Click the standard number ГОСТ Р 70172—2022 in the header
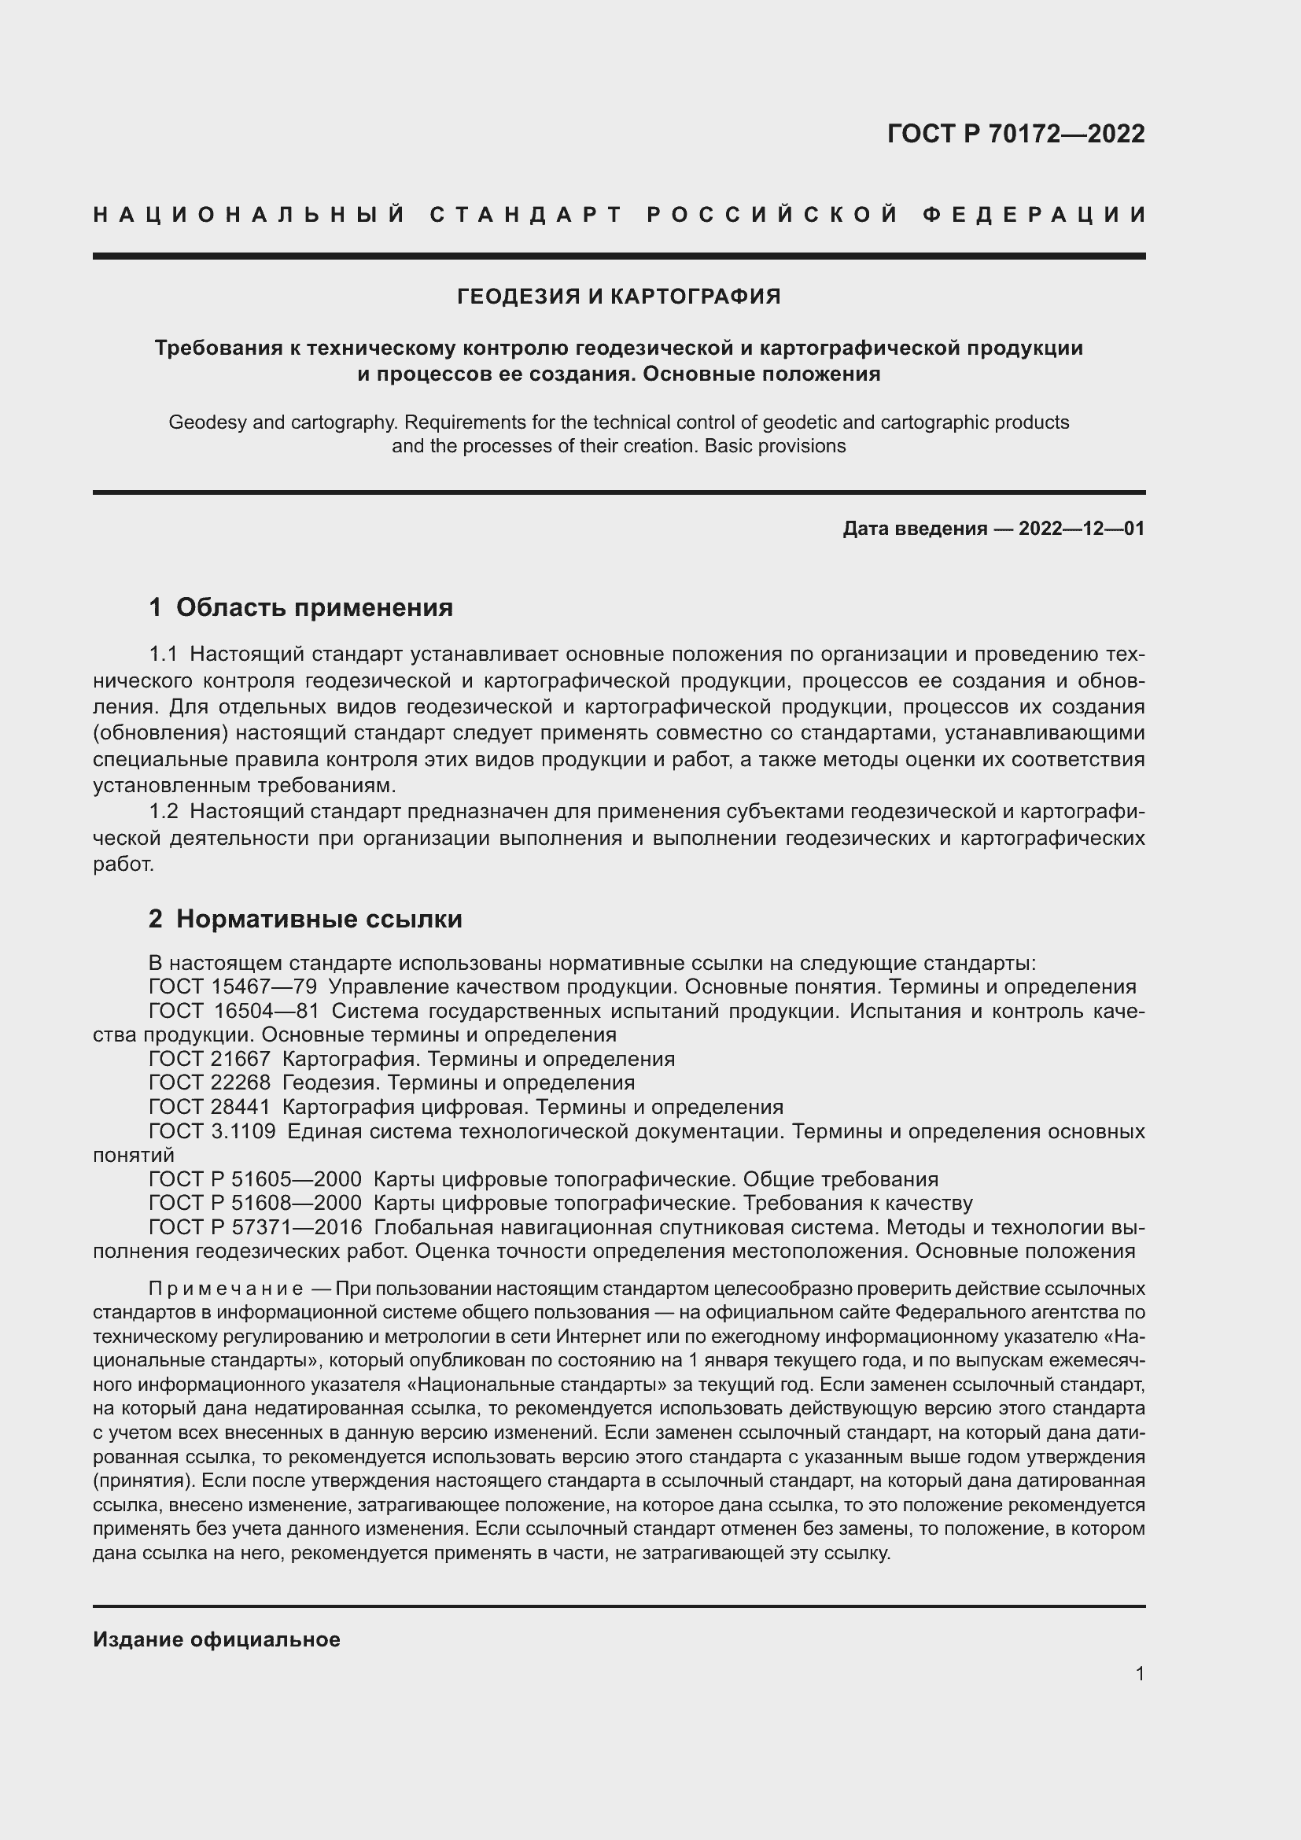[1015, 134]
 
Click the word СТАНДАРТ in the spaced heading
[526, 215]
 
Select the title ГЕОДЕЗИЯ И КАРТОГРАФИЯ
[618, 297]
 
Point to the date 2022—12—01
[1081, 529]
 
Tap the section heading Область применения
[314, 607]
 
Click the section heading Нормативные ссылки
[319, 919]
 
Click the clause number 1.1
[164, 655]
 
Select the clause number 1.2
[164, 812]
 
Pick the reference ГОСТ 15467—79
[232, 987]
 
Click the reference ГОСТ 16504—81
[234, 1012]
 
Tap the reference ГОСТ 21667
[209, 1060]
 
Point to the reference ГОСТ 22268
[209, 1083]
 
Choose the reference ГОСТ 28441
[209, 1108]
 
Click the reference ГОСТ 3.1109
[212, 1131]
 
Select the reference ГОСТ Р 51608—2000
[255, 1203]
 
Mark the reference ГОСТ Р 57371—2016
[255, 1228]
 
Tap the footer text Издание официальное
[216, 1639]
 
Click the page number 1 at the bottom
[1140, 1674]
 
